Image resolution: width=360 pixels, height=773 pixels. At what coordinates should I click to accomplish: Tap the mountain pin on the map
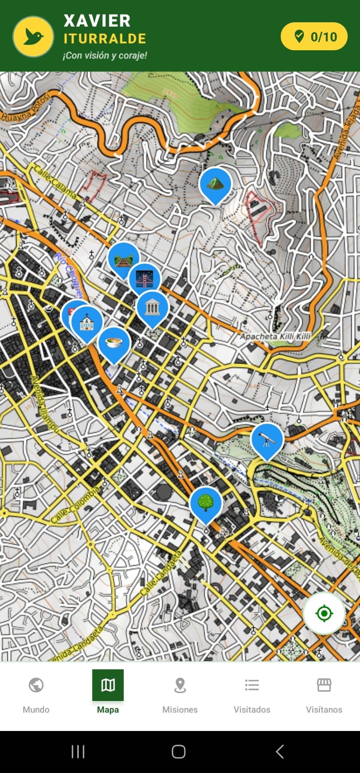point(215,184)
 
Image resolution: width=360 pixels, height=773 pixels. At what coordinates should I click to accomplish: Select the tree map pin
point(206,503)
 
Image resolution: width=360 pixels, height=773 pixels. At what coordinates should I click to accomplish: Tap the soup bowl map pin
point(114,343)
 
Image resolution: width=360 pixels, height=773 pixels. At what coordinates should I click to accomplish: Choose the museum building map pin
point(152,307)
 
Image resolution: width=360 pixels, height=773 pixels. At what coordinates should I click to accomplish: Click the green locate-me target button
point(324,614)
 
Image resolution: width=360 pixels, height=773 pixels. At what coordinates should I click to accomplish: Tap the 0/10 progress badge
point(314,37)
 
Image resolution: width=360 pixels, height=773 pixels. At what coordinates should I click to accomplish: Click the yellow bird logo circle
point(33,37)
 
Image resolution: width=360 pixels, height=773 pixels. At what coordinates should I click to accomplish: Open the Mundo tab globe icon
point(36,685)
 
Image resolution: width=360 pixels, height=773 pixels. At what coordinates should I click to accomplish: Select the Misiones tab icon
point(180,685)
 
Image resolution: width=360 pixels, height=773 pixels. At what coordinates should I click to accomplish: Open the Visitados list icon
point(252,685)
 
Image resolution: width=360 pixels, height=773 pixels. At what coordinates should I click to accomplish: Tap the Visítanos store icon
point(324,685)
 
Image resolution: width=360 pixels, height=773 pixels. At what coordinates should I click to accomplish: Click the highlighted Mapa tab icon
point(108,685)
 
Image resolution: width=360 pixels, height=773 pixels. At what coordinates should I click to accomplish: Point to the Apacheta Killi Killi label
point(275,336)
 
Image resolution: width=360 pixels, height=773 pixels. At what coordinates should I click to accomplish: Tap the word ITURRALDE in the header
point(105,39)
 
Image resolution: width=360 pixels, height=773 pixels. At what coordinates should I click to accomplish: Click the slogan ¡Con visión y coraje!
point(105,56)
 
